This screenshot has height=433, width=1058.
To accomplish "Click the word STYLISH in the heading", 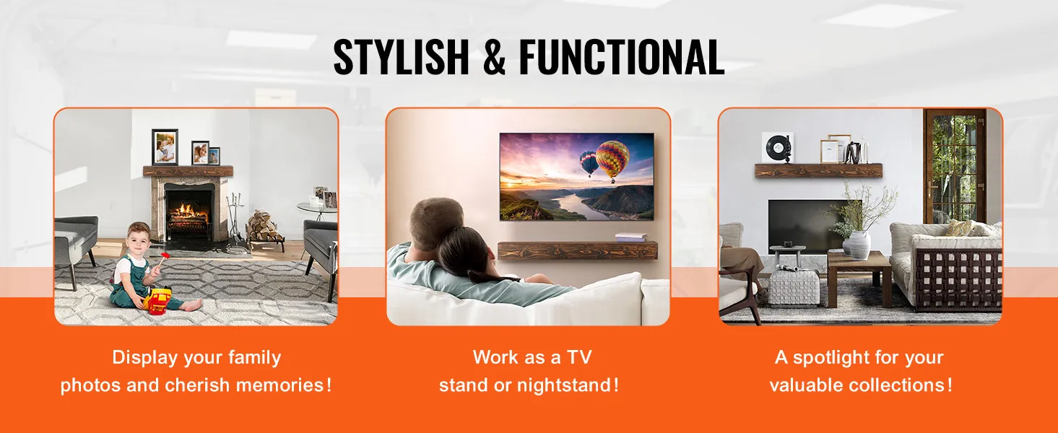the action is (x=401, y=57).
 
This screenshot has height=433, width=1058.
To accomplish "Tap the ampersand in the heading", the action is (x=494, y=57).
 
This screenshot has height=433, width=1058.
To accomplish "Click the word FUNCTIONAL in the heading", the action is (x=622, y=57).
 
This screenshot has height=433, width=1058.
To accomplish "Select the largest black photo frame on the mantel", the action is (x=165, y=146).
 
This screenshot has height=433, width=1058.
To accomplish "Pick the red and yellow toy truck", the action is (x=158, y=301).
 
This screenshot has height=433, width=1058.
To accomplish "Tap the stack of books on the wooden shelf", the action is (x=630, y=237).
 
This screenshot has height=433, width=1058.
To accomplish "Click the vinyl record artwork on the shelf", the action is (x=777, y=147).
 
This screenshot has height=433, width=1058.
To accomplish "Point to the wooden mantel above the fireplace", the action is (x=188, y=171).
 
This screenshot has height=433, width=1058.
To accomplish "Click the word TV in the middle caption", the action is (x=579, y=357).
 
